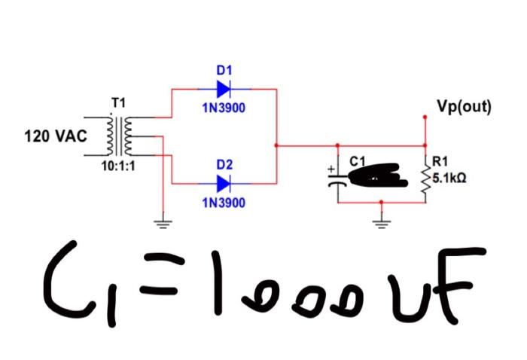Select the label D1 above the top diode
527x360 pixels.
[224, 70]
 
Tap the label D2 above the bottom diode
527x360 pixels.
[224, 164]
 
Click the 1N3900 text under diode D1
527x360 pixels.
[224, 108]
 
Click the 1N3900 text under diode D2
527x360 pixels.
[224, 203]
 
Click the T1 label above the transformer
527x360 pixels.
[119, 102]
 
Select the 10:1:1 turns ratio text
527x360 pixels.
[119, 166]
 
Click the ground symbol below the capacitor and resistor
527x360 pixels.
[382, 221]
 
